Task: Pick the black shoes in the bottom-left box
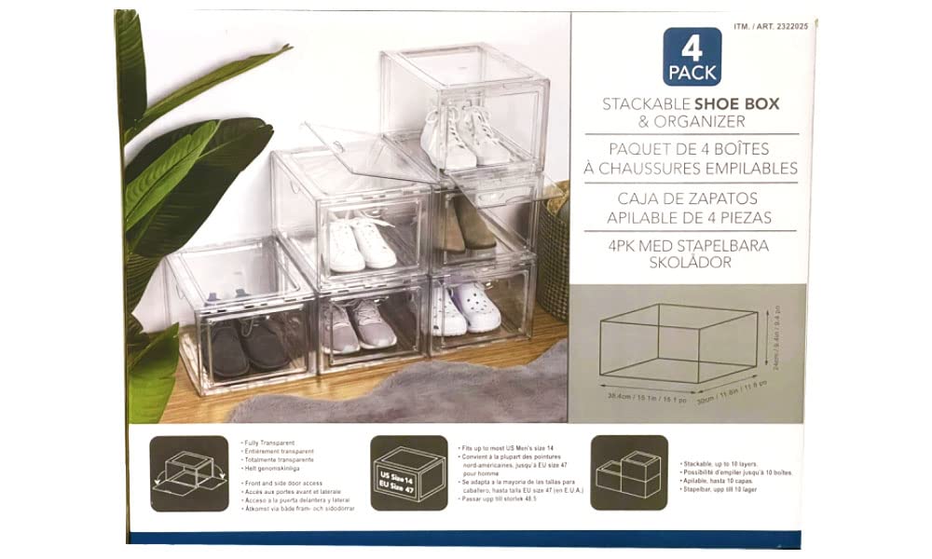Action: pyautogui.click(x=247, y=346)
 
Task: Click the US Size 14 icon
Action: pyautogui.click(x=407, y=472)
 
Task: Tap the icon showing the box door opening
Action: pyautogui.click(x=189, y=473)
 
